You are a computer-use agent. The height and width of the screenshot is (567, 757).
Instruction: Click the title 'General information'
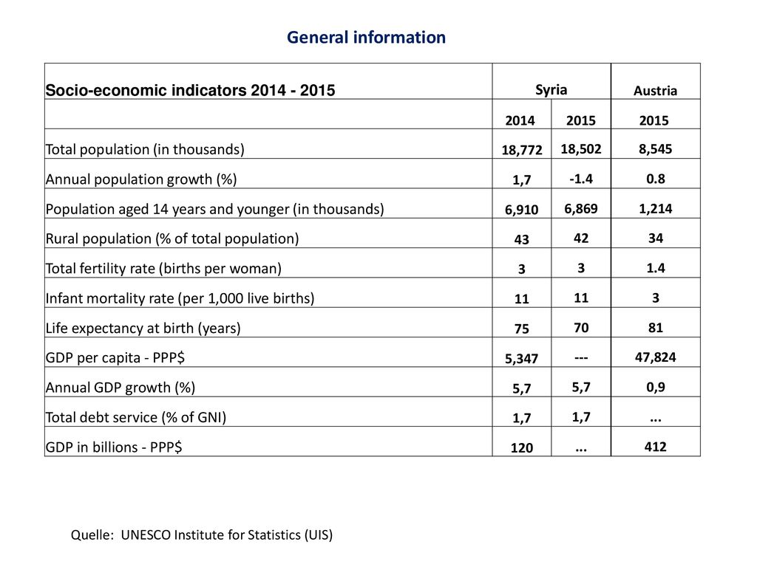pyautogui.click(x=366, y=37)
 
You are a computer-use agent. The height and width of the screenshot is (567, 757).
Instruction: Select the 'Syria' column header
pyautogui.click(x=551, y=90)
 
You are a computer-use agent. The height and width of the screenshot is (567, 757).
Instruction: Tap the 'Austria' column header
pyautogui.click(x=655, y=91)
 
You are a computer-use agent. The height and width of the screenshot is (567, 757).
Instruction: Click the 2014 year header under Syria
pyautogui.click(x=520, y=120)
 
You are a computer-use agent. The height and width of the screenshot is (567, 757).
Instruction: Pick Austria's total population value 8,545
pyautogui.click(x=655, y=149)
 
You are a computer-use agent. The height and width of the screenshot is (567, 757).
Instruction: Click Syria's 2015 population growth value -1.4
pyautogui.click(x=581, y=179)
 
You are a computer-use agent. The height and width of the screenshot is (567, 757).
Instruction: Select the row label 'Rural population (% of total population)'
pyautogui.click(x=172, y=238)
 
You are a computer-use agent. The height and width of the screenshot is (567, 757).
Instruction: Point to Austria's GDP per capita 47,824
pyautogui.click(x=655, y=357)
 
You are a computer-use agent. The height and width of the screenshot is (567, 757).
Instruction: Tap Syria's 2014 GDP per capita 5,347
pyautogui.click(x=521, y=358)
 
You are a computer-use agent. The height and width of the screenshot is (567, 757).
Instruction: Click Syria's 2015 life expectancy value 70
pyautogui.click(x=581, y=328)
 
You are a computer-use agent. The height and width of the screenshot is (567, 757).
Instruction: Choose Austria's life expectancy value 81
pyautogui.click(x=655, y=328)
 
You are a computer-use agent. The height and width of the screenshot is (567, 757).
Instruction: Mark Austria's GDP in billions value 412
pyautogui.click(x=655, y=447)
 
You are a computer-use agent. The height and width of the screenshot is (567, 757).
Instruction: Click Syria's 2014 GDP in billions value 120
pyautogui.click(x=521, y=448)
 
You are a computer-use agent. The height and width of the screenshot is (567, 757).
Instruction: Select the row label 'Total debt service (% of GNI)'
pyautogui.click(x=136, y=417)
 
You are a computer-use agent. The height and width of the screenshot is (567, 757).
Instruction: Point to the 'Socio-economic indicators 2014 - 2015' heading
pyautogui.click(x=190, y=90)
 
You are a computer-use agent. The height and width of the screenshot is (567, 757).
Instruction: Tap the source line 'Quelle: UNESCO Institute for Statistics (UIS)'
pyautogui.click(x=202, y=535)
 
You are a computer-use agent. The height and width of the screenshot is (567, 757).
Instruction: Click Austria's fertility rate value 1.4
pyautogui.click(x=655, y=268)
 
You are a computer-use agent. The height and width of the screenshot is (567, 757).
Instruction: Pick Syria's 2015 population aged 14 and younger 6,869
pyautogui.click(x=581, y=209)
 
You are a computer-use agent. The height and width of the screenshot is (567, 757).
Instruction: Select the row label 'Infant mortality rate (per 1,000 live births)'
pyautogui.click(x=180, y=298)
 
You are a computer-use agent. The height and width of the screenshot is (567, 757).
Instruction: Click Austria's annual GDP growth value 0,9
pyautogui.click(x=655, y=387)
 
